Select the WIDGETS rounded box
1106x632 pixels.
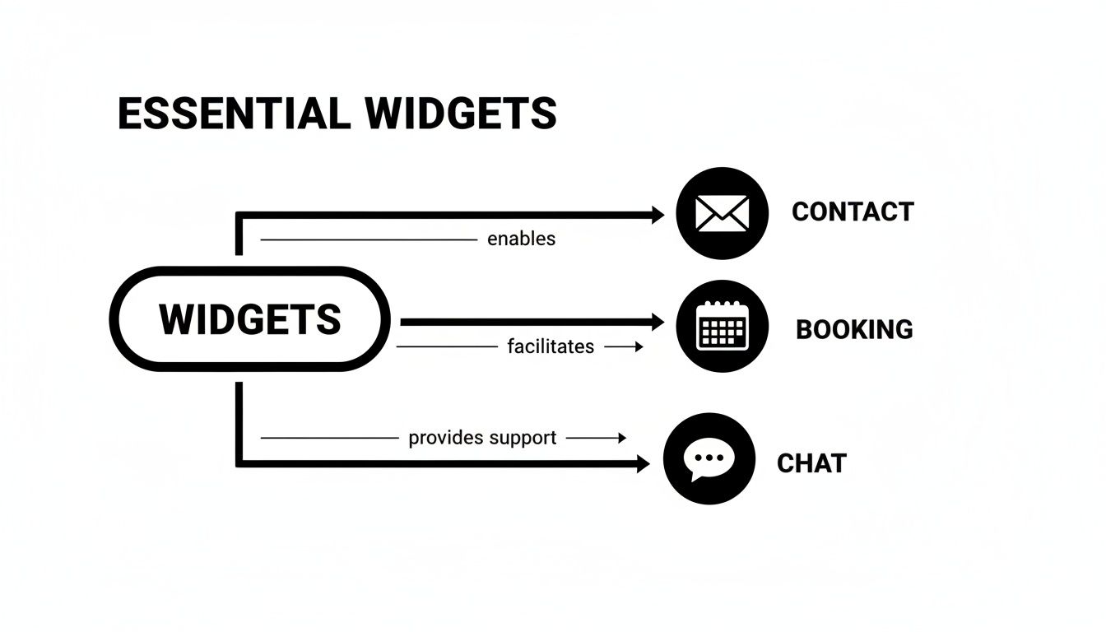click(249, 319)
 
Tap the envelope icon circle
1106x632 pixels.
click(722, 213)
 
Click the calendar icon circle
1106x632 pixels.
click(722, 326)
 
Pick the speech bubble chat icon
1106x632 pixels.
click(709, 459)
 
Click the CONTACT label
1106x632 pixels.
click(853, 211)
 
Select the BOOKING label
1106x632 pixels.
click(854, 329)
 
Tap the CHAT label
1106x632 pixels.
click(811, 463)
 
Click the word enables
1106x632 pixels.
click(521, 239)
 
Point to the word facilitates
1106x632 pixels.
click(551, 346)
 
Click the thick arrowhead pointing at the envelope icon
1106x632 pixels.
click(657, 216)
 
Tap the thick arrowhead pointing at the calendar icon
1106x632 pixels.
click(657, 323)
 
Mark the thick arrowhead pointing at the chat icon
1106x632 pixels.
click(643, 464)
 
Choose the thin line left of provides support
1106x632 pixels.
click(329, 438)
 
